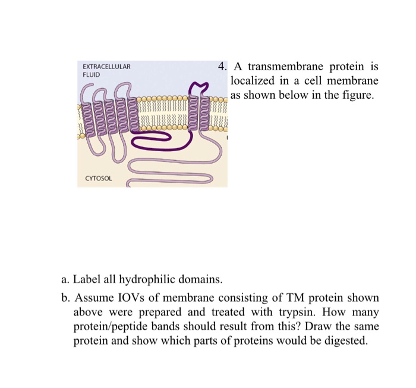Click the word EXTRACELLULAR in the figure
click(x=106, y=66)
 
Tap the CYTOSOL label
click(x=98, y=178)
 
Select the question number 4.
click(x=221, y=66)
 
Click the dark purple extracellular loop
click(x=200, y=89)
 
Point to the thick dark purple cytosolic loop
click(x=154, y=141)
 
